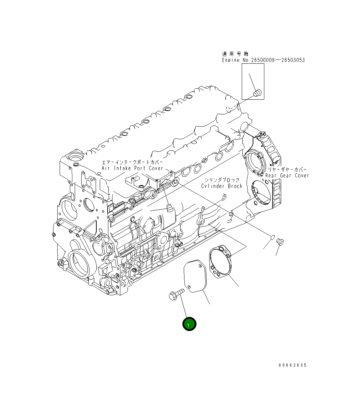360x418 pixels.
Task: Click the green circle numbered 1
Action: [x=189, y=324]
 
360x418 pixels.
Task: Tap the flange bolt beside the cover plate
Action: [x=176, y=294]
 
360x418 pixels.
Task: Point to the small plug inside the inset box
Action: [x=257, y=92]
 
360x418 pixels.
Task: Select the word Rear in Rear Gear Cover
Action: [x=272, y=175]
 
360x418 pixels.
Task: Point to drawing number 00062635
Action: [x=292, y=365]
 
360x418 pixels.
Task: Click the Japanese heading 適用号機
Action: [x=236, y=54]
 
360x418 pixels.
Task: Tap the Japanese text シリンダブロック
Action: [x=222, y=180]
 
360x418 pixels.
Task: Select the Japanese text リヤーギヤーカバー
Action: [x=287, y=170]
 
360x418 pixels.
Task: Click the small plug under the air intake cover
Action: [x=169, y=208]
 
